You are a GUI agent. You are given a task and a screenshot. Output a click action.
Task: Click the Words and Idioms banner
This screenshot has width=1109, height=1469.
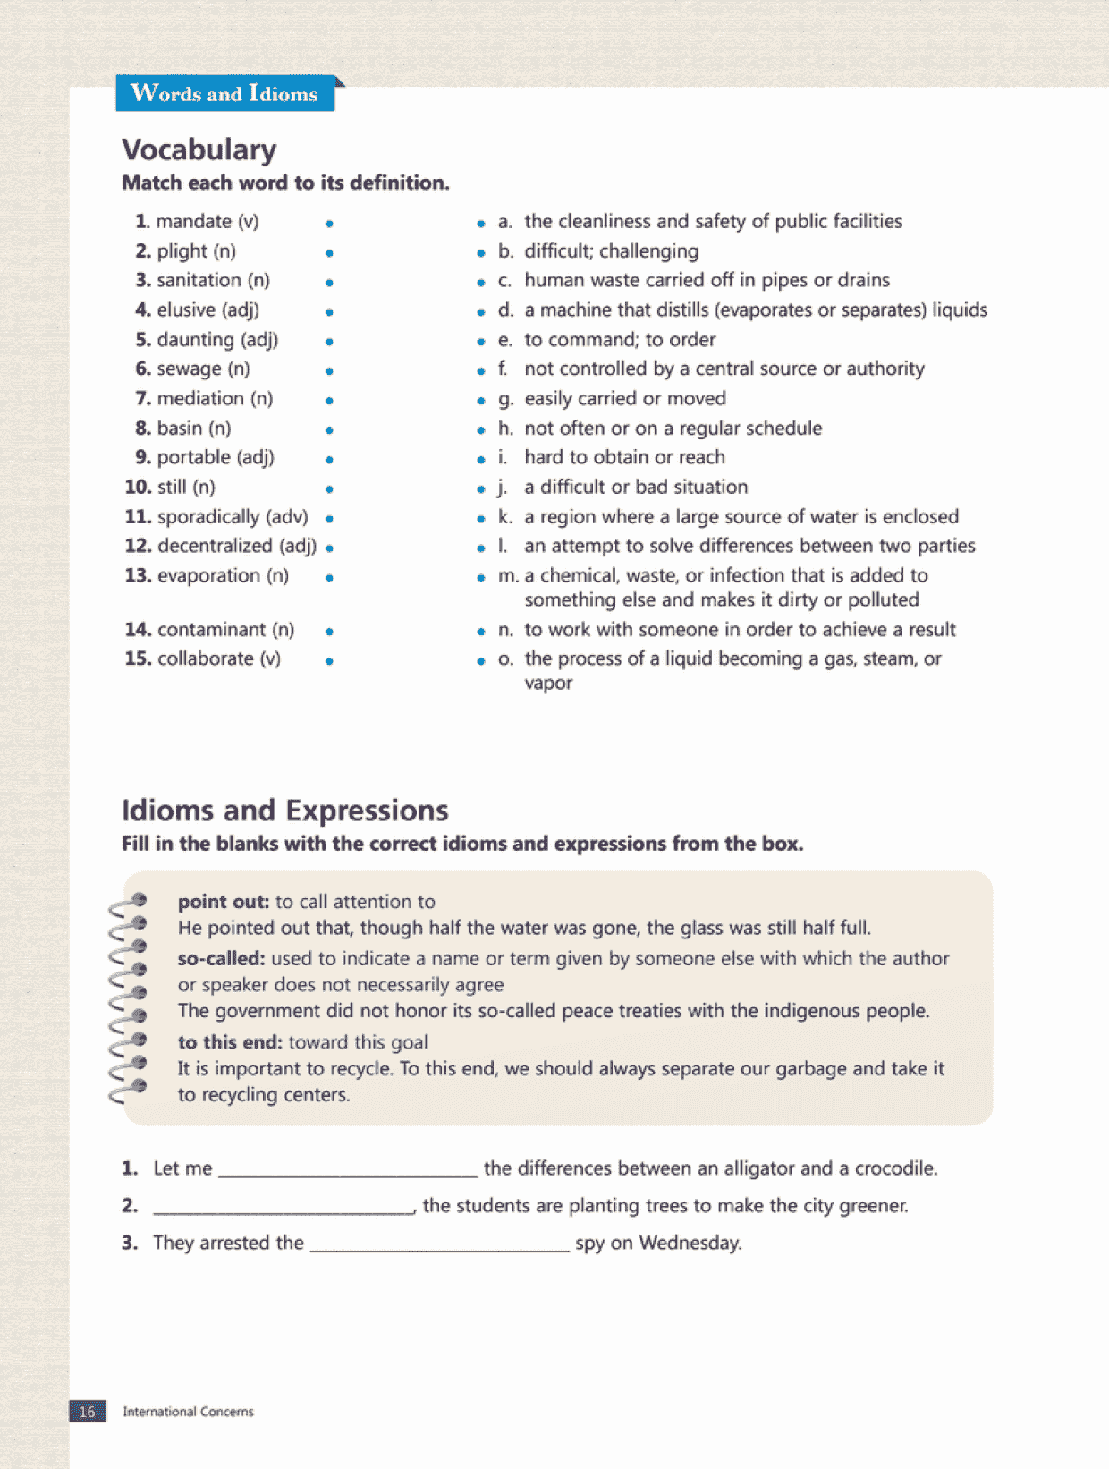coord(224,93)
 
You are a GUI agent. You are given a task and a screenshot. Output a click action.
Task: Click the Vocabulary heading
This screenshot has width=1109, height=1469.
coord(199,149)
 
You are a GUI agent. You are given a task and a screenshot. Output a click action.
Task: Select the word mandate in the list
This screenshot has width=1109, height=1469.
coord(193,221)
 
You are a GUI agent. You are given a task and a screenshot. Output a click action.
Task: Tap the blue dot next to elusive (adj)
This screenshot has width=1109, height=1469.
coord(330,312)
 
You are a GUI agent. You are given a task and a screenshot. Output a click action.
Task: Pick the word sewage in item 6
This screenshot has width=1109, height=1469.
coord(189,369)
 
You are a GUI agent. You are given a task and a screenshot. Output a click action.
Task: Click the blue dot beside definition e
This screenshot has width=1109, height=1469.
coord(481,342)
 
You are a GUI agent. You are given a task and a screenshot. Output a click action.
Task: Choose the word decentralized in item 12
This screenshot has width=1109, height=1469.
coord(215,546)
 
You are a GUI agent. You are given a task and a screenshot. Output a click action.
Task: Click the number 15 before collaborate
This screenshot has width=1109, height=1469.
coord(137,658)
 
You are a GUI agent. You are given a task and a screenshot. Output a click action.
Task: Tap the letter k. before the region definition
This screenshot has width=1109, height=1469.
coord(505,516)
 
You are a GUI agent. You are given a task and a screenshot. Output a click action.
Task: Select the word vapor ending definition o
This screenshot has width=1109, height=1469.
coord(548,683)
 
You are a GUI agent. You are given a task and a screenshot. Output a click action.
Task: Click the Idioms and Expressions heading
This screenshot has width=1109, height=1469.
coord(284,810)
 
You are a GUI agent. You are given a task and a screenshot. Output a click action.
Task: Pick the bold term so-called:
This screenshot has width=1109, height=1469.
coord(221,958)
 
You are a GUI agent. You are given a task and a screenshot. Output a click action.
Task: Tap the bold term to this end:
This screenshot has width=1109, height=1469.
coord(230,1042)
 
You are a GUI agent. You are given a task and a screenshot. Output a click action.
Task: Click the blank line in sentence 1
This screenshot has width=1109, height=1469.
coord(348,1171)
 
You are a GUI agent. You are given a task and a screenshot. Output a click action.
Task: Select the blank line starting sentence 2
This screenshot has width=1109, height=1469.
coord(283,1209)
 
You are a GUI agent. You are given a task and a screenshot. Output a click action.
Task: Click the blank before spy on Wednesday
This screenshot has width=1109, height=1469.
coord(439,1245)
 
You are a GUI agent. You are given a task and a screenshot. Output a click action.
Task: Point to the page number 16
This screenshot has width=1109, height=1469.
coord(88,1412)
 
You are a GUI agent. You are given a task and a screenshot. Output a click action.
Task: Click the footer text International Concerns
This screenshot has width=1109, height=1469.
coord(188,1412)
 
